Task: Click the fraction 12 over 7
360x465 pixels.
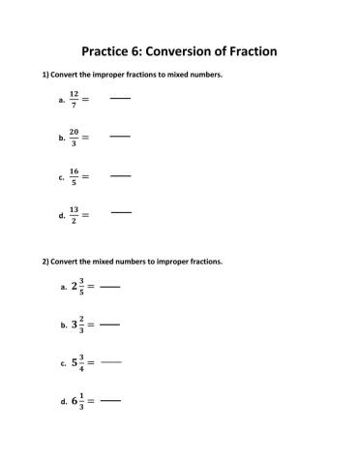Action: click(x=74, y=100)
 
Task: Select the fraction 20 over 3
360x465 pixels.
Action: click(x=74, y=138)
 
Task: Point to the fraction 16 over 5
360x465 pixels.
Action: click(x=74, y=176)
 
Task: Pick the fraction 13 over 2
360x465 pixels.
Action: click(x=74, y=215)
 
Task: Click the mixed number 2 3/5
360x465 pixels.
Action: click(x=78, y=287)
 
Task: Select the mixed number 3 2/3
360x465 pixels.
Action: click(x=78, y=325)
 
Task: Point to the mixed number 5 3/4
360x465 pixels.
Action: click(x=78, y=362)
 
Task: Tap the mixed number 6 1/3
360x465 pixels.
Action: click(x=78, y=400)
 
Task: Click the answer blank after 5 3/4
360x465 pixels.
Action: click(x=111, y=361)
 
